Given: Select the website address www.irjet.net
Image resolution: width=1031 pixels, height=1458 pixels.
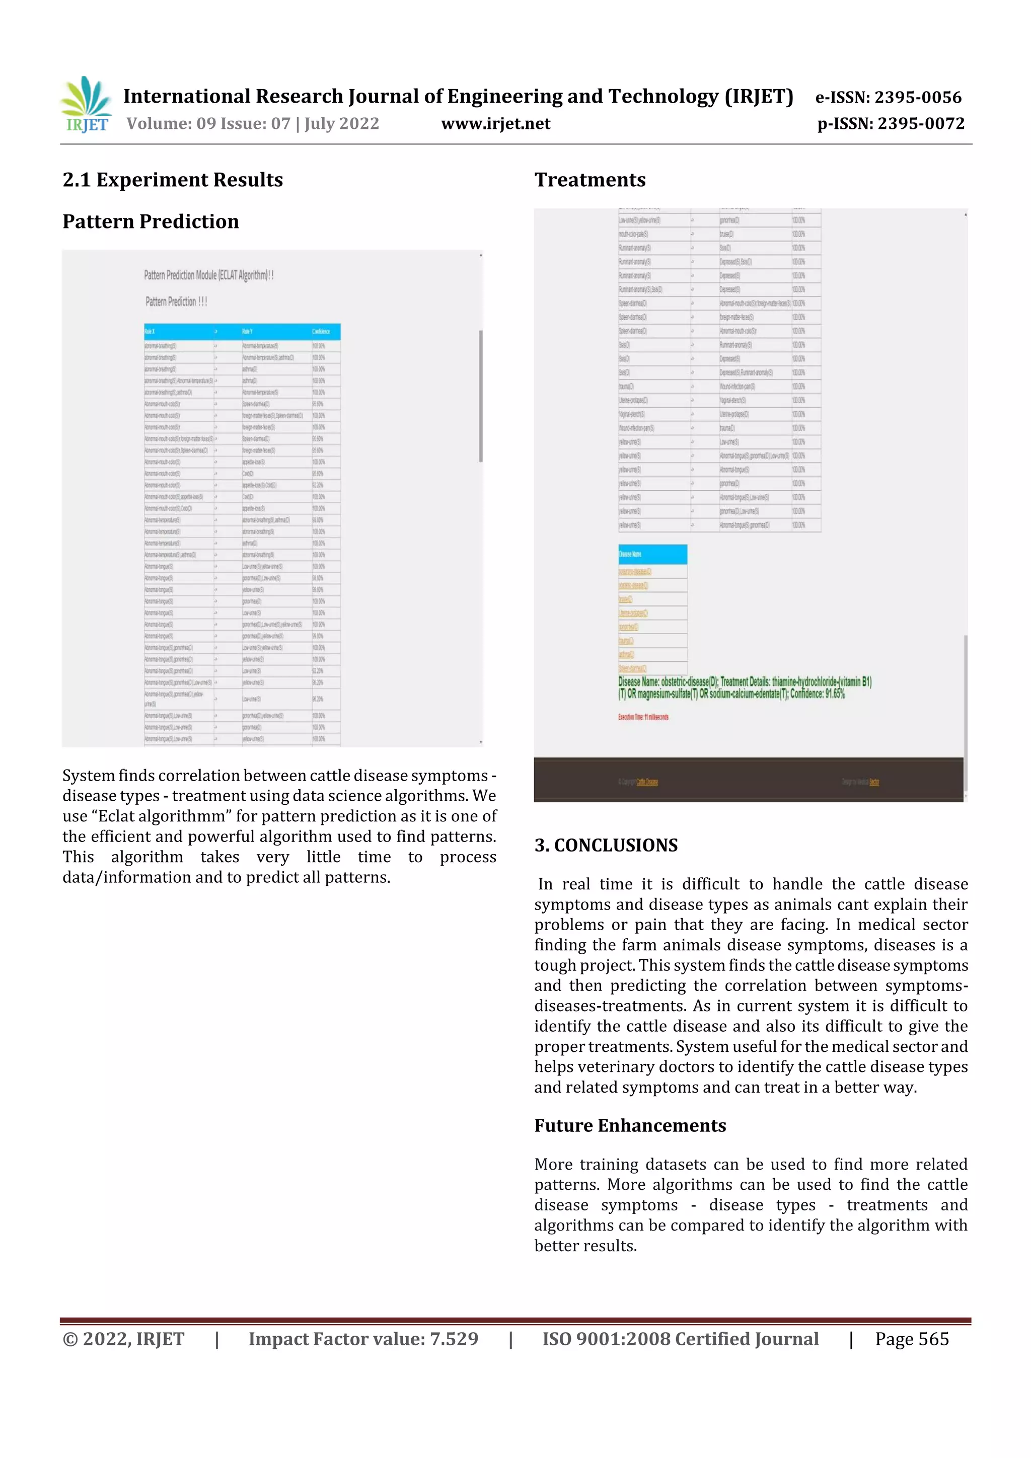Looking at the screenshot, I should [x=495, y=123].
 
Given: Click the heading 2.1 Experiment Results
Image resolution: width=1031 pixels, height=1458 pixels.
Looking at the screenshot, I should [x=172, y=180].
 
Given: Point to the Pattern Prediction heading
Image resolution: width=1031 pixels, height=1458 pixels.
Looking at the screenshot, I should [x=151, y=221].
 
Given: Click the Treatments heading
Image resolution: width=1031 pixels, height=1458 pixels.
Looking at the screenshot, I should [x=590, y=180].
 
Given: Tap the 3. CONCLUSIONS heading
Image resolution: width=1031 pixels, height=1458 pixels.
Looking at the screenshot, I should [x=606, y=845].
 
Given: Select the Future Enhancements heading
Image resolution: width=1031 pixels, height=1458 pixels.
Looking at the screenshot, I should [x=630, y=1125].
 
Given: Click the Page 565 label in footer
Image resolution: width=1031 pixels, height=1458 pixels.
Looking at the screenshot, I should [x=912, y=1339].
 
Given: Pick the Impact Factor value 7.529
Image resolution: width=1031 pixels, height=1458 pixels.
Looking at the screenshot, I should [x=363, y=1339].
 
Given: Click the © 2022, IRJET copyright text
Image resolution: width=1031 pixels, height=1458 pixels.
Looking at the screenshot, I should [x=123, y=1339].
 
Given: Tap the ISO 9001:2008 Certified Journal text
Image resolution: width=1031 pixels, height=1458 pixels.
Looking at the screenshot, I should [x=680, y=1339].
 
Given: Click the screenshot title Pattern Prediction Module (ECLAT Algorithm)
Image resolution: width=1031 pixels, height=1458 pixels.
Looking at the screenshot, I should [x=208, y=275].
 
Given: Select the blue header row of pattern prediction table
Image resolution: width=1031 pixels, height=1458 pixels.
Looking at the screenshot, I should [x=242, y=332].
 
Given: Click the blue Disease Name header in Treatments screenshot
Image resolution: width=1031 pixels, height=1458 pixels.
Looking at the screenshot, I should [x=652, y=554].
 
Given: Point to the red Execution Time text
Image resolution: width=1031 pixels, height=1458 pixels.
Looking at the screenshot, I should [x=643, y=717].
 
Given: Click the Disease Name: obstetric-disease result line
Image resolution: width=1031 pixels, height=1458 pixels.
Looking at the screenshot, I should [x=744, y=682].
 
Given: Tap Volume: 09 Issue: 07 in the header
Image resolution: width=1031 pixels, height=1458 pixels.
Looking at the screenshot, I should [x=252, y=123].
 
